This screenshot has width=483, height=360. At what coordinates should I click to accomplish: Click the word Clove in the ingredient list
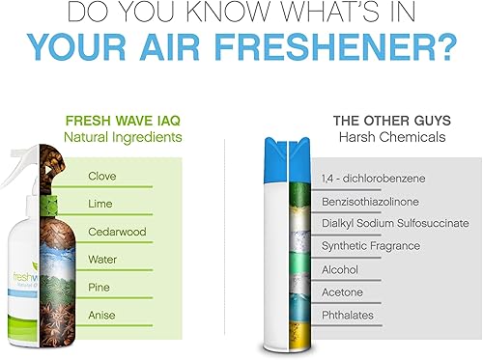click(x=102, y=176)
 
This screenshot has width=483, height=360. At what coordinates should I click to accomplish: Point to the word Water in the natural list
click(x=103, y=259)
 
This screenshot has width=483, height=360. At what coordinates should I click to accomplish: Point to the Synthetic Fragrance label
click(x=371, y=246)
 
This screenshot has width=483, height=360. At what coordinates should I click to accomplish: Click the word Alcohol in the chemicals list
click(x=340, y=269)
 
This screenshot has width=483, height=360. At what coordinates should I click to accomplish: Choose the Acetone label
click(x=341, y=291)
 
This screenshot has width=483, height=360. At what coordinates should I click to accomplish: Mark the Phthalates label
click(x=348, y=315)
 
